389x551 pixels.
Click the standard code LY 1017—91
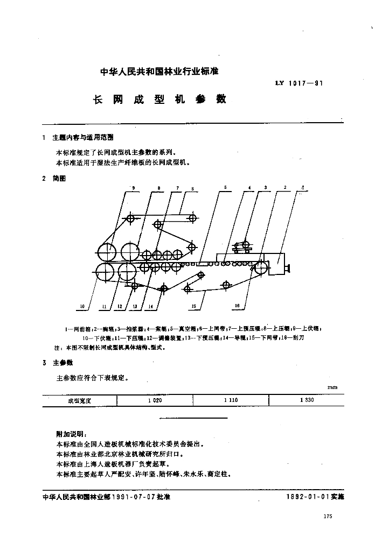coord(299,83)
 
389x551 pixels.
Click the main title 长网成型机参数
coord(160,100)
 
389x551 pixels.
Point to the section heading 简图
coord(59,179)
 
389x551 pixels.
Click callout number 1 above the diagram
coord(303,187)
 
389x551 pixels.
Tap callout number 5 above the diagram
coord(225,187)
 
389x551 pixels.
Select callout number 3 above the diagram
coord(265,187)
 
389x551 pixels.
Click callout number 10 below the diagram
coord(82,306)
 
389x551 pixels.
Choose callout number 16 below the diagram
coord(237,306)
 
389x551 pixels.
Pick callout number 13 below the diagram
coord(135,306)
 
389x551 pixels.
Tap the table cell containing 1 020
coord(155,400)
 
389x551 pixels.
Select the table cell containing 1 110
coord(230,400)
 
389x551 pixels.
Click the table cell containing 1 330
coord(305,400)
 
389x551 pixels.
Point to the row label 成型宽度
coord(80,400)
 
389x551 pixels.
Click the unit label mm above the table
coord(332,387)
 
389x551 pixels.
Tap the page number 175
coord(328,516)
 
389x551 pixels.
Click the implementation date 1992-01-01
coord(310,497)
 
